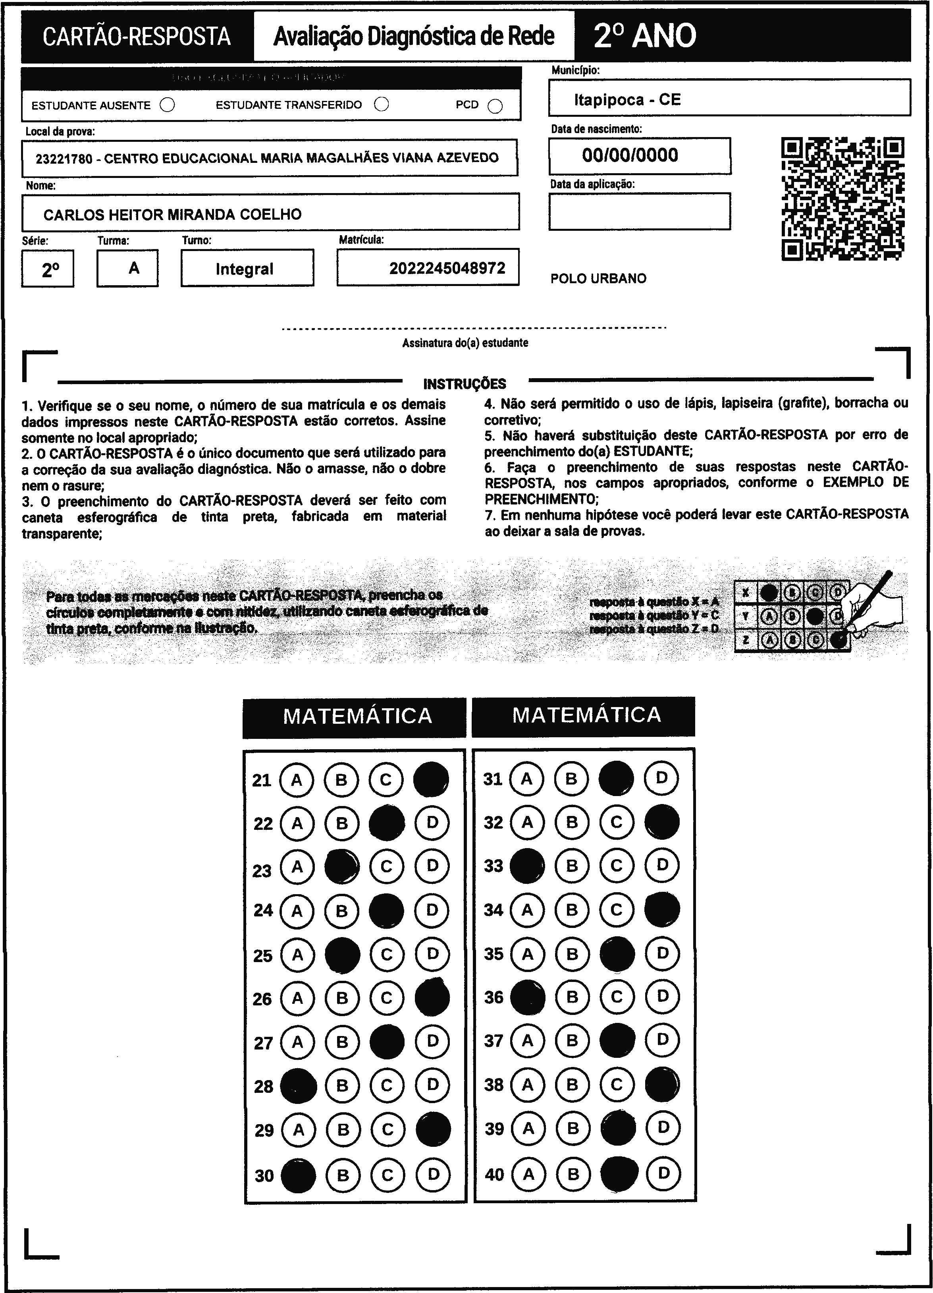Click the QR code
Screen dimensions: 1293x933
pyautogui.click(x=842, y=198)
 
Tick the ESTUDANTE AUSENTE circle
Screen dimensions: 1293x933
pyautogui.click(x=168, y=105)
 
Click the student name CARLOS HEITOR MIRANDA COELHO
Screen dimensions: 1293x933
pyautogui.click(x=172, y=215)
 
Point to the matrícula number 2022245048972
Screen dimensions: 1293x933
pyautogui.click(x=447, y=268)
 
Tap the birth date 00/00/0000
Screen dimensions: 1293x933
pyautogui.click(x=630, y=155)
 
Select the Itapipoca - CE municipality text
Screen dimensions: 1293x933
pyautogui.click(x=627, y=100)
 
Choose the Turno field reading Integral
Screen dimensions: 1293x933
pyautogui.click(x=245, y=269)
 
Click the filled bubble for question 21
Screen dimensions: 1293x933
pyautogui.click(x=431, y=779)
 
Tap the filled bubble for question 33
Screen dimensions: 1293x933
pyautogui.click(x=526, y=866)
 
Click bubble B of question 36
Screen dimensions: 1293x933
pyautogui.click(x=572, y=997)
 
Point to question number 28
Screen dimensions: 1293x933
pyautogui.click(x=263, y=1086)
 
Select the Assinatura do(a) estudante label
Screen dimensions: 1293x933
pyautogui.click(x=465, y=343)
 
